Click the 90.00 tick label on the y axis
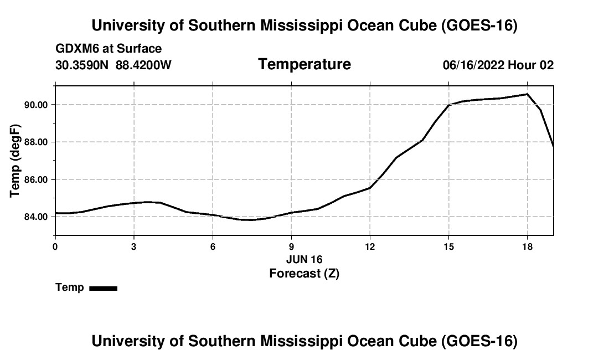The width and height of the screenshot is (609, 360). coord(36,105)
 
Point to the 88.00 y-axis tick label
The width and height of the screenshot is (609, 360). coord(36,142)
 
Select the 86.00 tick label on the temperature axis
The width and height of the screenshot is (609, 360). coord(36,179)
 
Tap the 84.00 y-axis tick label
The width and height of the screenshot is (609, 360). coord(36,217)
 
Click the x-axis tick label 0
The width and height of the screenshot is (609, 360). coord(55,246)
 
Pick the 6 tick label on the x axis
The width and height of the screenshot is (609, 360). coord(213,246)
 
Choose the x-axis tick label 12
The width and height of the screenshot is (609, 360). coord(370,246)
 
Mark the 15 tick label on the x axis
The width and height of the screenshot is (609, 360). coord(448,246)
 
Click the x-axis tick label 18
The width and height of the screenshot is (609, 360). coord(528,246)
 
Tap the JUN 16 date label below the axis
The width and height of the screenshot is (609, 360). coord(304,259)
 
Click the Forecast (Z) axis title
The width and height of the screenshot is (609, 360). coord(304,274)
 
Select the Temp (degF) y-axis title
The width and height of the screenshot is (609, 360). coord(15,161)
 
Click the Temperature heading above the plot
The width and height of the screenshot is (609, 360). coord(304,64)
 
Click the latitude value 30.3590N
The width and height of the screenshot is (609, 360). coord(82,65)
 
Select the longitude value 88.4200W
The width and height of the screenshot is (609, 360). coord(144,65)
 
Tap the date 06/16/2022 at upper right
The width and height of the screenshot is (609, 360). coord(473,65)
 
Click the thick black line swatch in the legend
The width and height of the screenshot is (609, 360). coord(104,288)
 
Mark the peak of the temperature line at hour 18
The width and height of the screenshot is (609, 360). coord(528,94)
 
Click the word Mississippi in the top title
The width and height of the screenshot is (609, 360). coord(301,25)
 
